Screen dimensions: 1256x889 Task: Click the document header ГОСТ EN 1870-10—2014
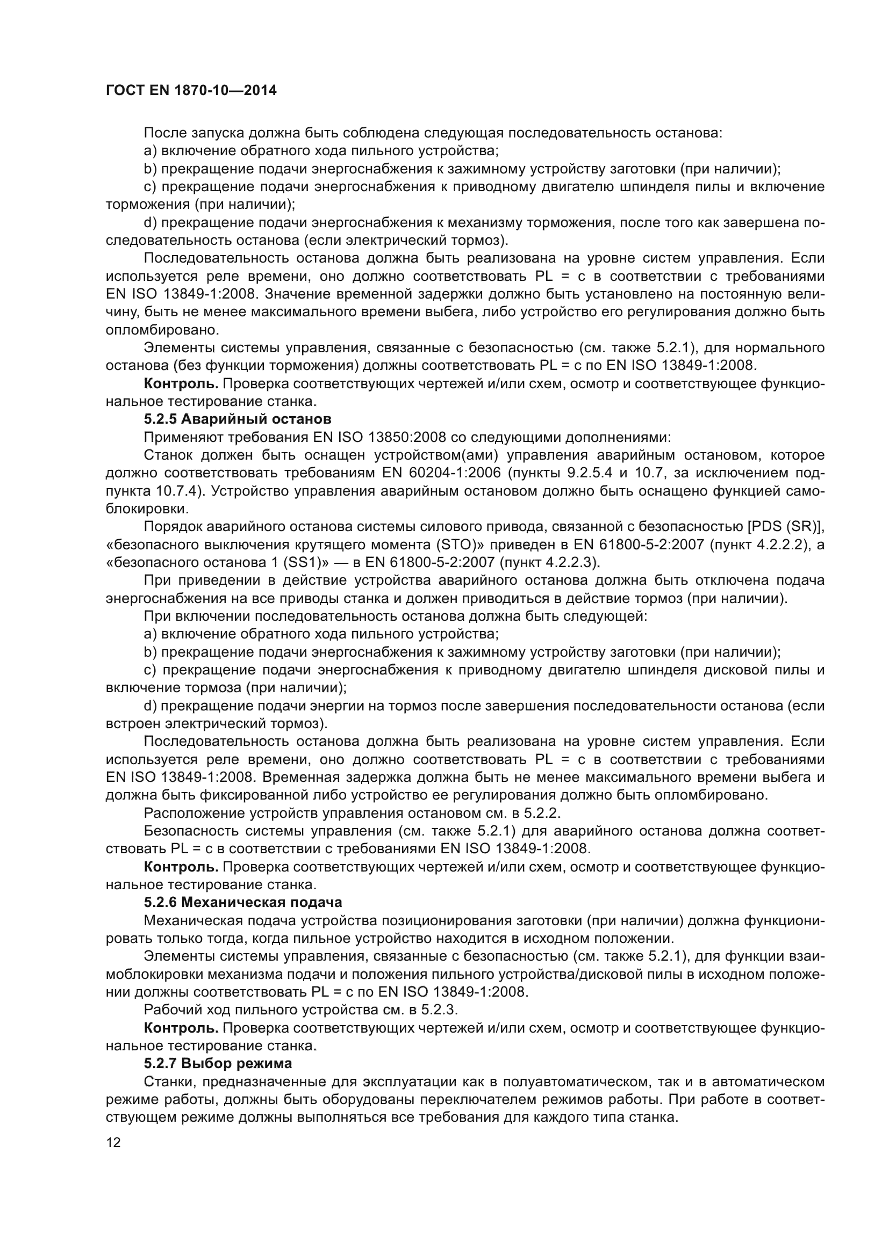191,91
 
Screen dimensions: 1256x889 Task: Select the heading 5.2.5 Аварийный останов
237,419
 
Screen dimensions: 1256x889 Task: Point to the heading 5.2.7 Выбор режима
217,1063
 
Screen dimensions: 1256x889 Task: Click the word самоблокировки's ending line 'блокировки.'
147,509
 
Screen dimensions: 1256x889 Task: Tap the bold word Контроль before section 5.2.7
181,1028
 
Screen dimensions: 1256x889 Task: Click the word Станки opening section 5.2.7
166,1081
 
